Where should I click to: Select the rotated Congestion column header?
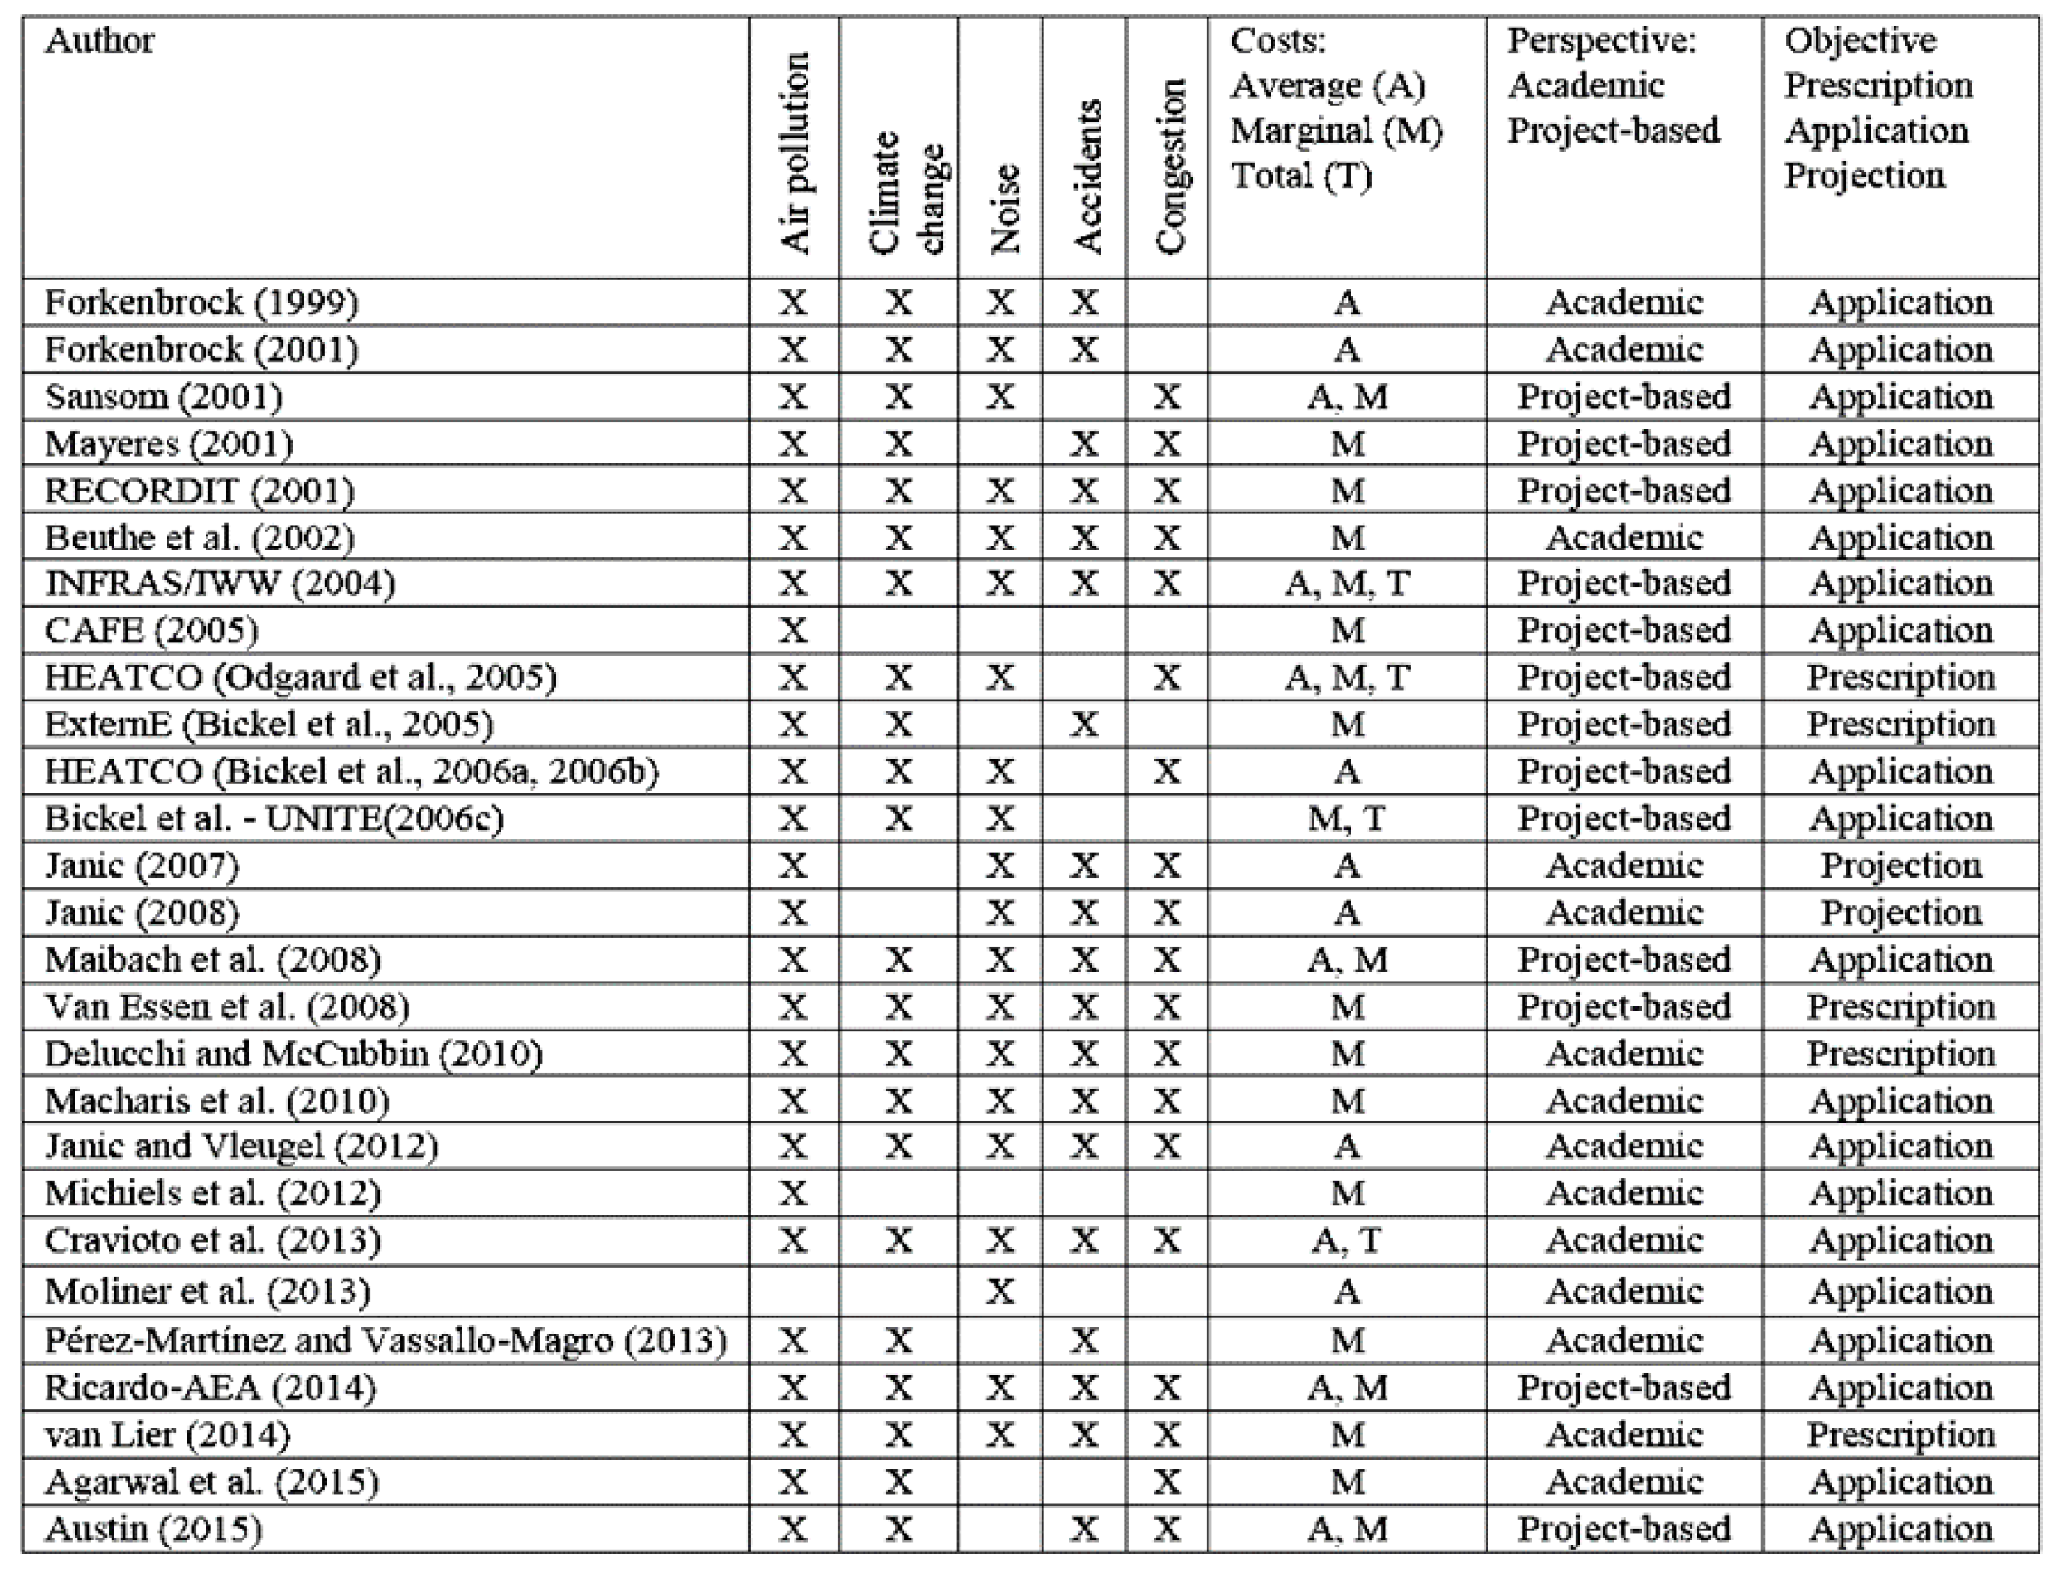[1169, 166]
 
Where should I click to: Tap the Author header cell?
[99, 41]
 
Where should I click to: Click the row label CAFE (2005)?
[151, 631]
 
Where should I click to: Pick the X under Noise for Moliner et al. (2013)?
[1000, 1292]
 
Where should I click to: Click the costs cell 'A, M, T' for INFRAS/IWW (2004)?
[1347, 584]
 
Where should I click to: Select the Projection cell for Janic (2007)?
[1900, 866]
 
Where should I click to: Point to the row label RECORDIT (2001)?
[199, 491]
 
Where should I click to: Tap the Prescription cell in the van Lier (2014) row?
[1900, 1435]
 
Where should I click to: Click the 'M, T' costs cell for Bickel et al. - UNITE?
[1347, 818]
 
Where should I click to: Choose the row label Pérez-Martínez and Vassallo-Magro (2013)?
[385, 1341]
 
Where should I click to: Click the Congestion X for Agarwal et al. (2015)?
[1168, 1482]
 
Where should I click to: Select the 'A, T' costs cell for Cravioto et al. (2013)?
[1347, 1240]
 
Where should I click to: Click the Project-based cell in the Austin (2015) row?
[1624, 1530]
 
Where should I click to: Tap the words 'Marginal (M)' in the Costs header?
[1336, 131]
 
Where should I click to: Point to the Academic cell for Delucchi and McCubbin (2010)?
[1624, 1054]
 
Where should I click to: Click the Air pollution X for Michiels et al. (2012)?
[792, 1194]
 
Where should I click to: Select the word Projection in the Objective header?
[1864, 177]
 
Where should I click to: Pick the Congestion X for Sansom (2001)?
[1168, 396]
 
